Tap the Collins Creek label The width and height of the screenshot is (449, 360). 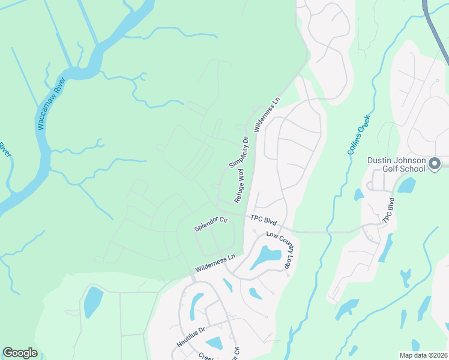pos(358,135)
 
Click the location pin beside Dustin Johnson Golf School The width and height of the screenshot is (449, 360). pos(436,164)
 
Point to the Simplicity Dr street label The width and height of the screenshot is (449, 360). pos(238,153)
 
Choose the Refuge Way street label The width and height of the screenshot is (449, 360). pos(240,185)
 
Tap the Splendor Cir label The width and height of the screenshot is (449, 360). pos(211,224)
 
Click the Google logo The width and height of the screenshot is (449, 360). pos(20,353)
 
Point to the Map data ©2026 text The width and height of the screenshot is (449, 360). pos(423,355)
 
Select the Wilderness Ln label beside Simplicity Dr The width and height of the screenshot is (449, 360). pos(267,114)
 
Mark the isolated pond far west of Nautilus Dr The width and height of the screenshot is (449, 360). pos(93,301)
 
